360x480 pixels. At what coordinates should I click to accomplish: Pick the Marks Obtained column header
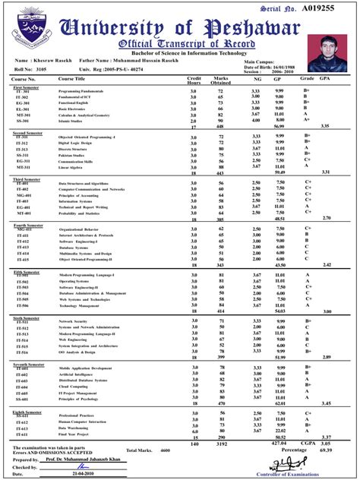pos(220,81)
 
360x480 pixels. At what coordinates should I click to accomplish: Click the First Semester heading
pos(28,88)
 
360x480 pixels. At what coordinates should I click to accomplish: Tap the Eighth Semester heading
pos(30,412)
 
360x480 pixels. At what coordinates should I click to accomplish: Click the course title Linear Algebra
pos(74,168)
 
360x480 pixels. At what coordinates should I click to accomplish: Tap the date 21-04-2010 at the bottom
pos(76,473)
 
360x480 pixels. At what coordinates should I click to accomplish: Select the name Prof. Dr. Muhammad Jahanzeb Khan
pos(87,460)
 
